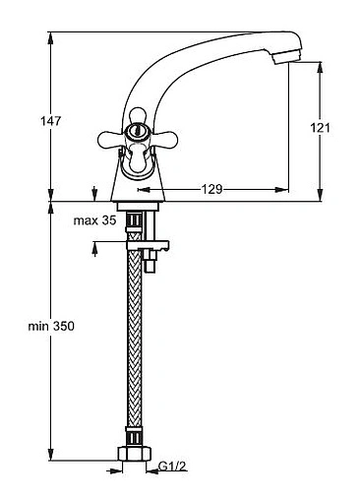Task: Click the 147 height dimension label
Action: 50,121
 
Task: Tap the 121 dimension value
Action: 321,127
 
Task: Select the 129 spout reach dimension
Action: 211,189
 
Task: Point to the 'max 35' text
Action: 94,220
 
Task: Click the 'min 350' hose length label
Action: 51,326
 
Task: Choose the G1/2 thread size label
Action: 172,466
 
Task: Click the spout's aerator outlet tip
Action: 286,58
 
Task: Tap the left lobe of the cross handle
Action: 109,140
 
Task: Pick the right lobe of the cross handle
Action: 165,140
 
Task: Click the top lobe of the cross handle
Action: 138,115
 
